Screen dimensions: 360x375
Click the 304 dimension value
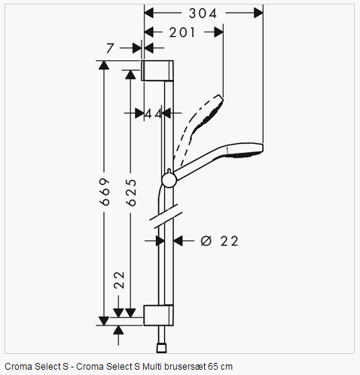[203, 14]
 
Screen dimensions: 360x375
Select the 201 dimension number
[182, 32]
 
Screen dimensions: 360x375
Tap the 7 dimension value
[110, 48]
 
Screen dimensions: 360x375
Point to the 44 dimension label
[154, 114]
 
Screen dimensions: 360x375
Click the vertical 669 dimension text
[105, 192]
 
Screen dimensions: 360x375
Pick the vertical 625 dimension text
[131, 193]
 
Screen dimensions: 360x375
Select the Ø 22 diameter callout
[220, 241]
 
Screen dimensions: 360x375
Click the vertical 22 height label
[119, 280]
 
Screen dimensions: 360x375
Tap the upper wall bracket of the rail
[157, 71]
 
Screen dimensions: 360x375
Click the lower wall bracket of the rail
[158, 316]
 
